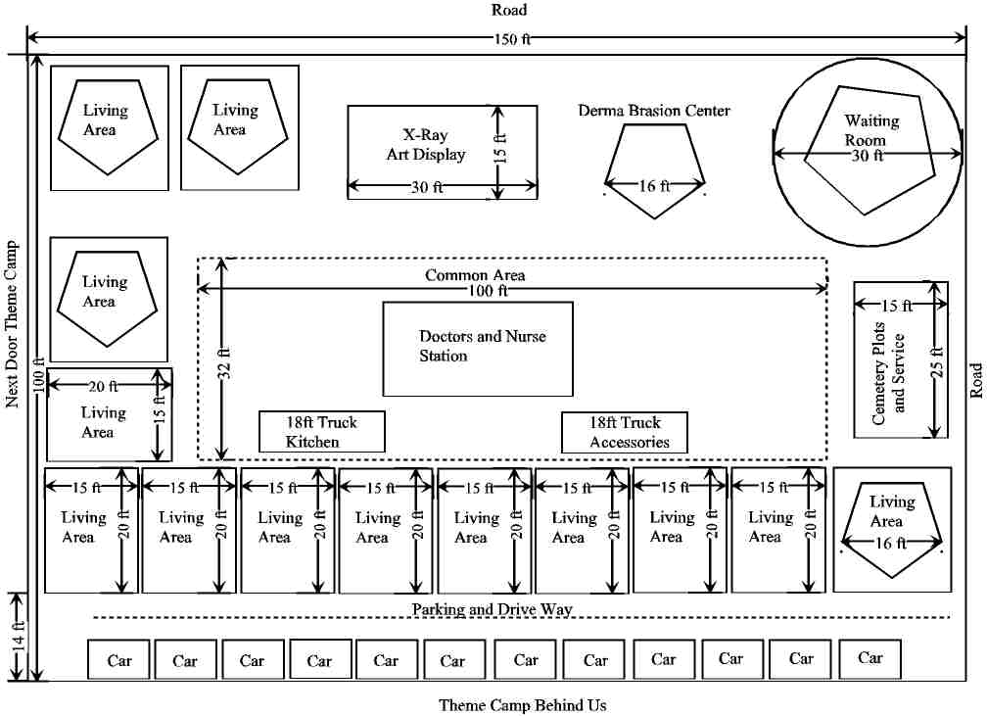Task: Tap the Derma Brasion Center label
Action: tap(654, 111)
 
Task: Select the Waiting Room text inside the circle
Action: tap(871, 129)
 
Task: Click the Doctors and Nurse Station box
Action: tap(477, 348)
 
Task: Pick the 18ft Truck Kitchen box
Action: tap(321, 432)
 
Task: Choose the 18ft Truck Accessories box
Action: tap(625, 432)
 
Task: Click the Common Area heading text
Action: tap(475, 275)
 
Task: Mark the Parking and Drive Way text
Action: tap(492, 609)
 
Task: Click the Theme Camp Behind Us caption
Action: tap(522, 704)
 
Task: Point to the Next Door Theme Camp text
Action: tap(13, 323)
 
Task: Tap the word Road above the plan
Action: tap(509, 10)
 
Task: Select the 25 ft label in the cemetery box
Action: tap(937, 359)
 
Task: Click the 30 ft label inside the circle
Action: tap(867, 155)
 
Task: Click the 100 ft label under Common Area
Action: tap(490, 291)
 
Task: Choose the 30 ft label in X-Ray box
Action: tap(426, 188)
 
